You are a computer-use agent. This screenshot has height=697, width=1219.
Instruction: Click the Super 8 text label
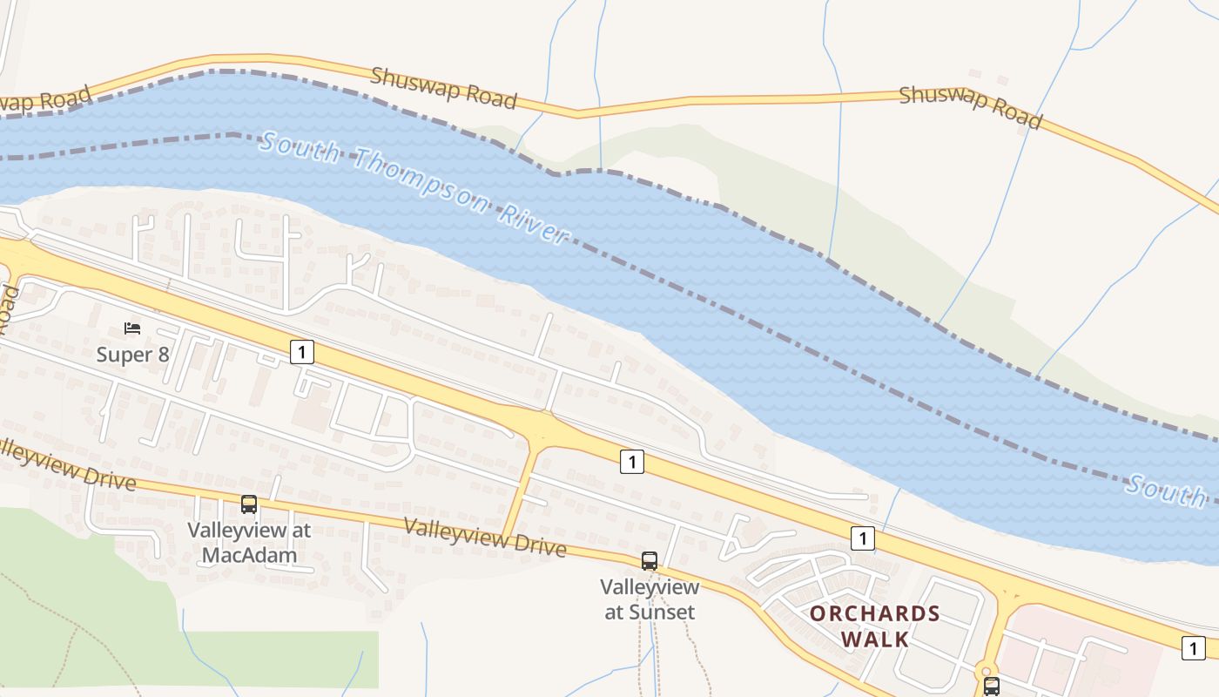(x=132, y=355)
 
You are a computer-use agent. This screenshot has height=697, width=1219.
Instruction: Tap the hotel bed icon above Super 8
(x=132, y=328)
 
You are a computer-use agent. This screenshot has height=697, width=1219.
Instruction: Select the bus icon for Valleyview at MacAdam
(x=249, y=504)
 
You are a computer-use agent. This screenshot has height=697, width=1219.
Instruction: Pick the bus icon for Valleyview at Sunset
(x=650, y=561)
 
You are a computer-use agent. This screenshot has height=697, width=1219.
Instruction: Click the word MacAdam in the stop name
(x=250, y=555)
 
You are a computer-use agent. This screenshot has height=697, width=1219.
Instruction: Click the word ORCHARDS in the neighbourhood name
(x=875, y=613)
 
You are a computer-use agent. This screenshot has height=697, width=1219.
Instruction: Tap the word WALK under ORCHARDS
(x=875, y=639)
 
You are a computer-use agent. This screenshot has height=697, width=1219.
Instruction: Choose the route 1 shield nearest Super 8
(x=301, y=352)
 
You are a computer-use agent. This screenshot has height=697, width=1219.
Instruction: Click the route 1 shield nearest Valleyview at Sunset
(x=632, y=462)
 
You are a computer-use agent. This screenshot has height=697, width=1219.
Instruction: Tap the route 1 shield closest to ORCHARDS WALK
(x=862, y=538)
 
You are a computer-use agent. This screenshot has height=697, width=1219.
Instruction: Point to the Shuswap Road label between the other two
(x=444, y=87)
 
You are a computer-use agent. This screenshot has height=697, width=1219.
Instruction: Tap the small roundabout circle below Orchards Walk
(x=987, y=669)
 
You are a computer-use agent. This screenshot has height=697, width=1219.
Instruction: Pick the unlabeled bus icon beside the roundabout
(x=992, y=687)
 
